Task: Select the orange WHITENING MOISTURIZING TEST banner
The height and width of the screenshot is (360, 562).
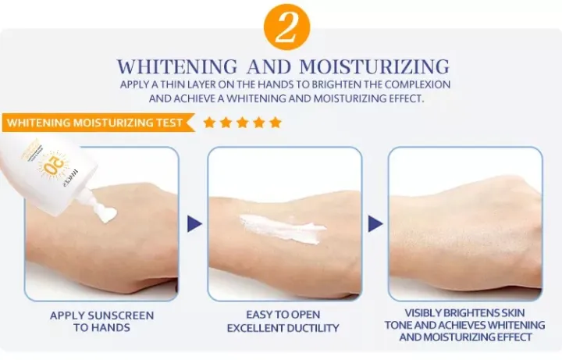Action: [x=96, y=123]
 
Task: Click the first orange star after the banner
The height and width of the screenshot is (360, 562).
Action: [x=209, y=123]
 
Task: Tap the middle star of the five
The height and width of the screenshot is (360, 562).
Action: [x=242, y=123]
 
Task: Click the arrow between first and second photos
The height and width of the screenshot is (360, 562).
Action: [x=194, y=224]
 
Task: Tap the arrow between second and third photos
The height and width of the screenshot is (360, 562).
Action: [x=376, y=224]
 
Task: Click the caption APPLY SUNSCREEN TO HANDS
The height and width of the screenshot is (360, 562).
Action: [x=101, y=322]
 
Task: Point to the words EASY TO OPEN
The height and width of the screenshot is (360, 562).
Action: [x=283, y=315]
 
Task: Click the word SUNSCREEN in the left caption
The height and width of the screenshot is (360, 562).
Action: [x=120, y=315]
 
